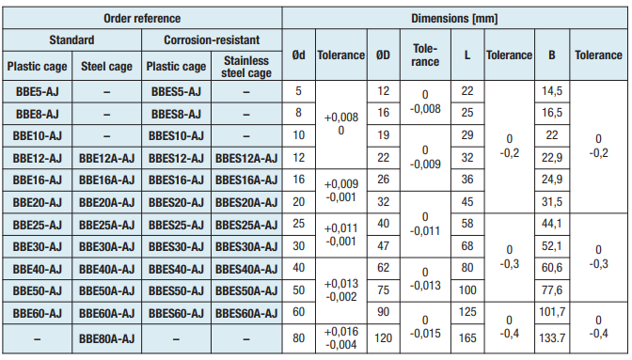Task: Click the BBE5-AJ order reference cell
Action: [x=37, y=92]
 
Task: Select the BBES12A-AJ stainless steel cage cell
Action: [x=246, y=158]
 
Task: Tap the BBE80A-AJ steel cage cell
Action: [x=106, y=338]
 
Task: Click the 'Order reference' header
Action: [x=142, y=18]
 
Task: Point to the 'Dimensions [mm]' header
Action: [x=454, y=18]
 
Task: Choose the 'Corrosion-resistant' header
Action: [x=212, y=39]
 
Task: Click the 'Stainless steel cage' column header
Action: [x=246, y=67]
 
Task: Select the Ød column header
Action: [x=299, y=55]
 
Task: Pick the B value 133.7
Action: [x=552, y=337]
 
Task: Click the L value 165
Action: [x=467, y=337]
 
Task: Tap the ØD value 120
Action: [x=383, y=337]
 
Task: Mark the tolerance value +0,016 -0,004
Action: [x=341, y=338]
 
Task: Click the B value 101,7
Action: [x=552, y=312]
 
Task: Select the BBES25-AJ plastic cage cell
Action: [x=176, y=225]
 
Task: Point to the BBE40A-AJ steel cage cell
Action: [x=106, y=269]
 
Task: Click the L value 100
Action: [x=467, y=290]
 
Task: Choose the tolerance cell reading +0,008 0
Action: [x=341, y=124]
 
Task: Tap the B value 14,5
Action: [x=552, y=91]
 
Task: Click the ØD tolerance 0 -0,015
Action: [x=425, y=327]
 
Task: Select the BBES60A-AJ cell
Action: [x=246, y=313]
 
